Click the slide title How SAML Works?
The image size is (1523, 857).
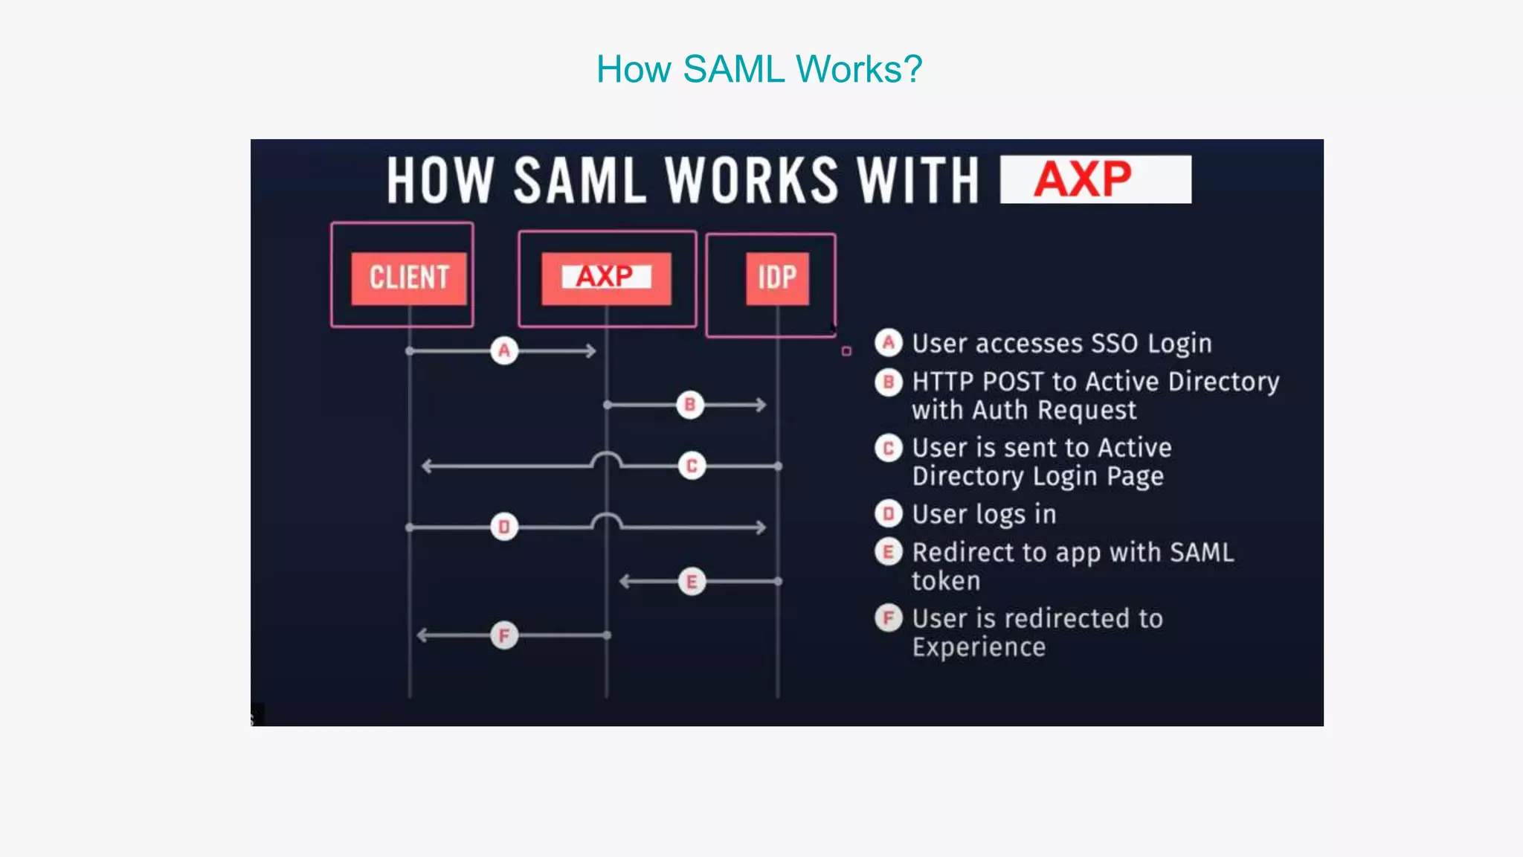[759, 69]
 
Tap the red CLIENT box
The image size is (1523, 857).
[408, 278]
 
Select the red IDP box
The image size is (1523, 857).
[777, 278]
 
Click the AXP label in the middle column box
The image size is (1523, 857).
[605, 277]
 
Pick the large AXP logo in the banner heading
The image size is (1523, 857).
[1083, 179]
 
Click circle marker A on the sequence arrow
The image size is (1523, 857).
[504, 350]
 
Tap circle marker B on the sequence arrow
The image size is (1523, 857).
[690, 405]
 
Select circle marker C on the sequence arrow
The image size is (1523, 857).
[692, 466]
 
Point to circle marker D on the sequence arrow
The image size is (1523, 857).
[504, 527]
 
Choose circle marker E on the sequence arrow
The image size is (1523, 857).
[692, 582]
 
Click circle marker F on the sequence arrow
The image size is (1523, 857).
[504, 635]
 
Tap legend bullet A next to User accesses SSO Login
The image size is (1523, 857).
[888, 343]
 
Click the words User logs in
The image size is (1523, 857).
[984, 514]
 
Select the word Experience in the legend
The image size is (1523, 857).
[979, 647]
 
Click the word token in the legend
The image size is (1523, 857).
[946, 581]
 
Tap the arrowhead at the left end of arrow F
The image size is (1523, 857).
[422, 635]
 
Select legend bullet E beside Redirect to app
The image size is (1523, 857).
[888, 552]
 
